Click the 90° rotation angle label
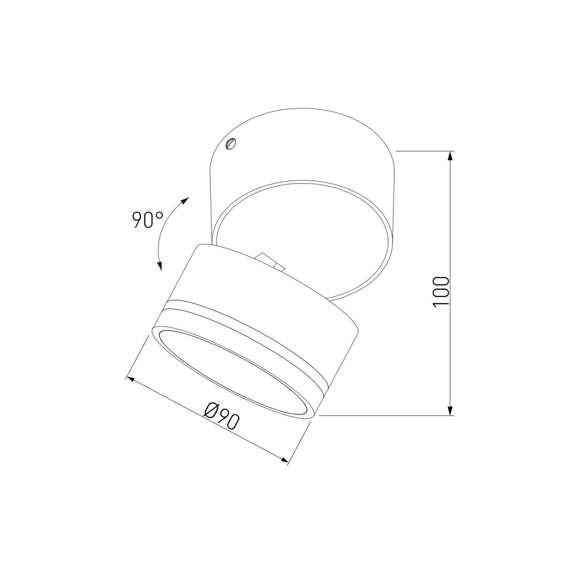click(x=147, y=219)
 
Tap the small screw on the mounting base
click(x=231, y=143)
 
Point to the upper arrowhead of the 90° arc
click(x=185, y=200)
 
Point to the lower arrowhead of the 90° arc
click(x=159, y=266)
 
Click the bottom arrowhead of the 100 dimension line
click(x=451, y=410)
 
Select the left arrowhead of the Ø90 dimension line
click(x=130, y=379)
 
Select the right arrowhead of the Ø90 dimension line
click(x=284, y=459)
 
